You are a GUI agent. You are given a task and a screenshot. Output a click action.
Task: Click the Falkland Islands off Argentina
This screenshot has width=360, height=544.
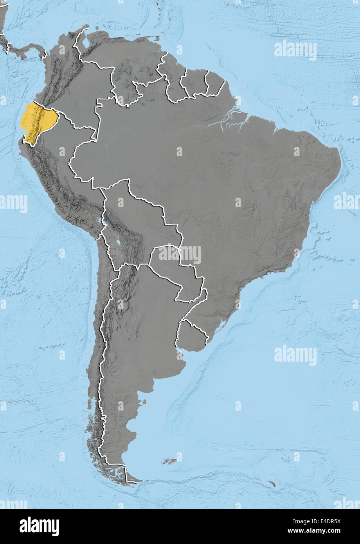(171, 461)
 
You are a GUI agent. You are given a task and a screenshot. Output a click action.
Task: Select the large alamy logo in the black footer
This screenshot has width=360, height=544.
(39, 526)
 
